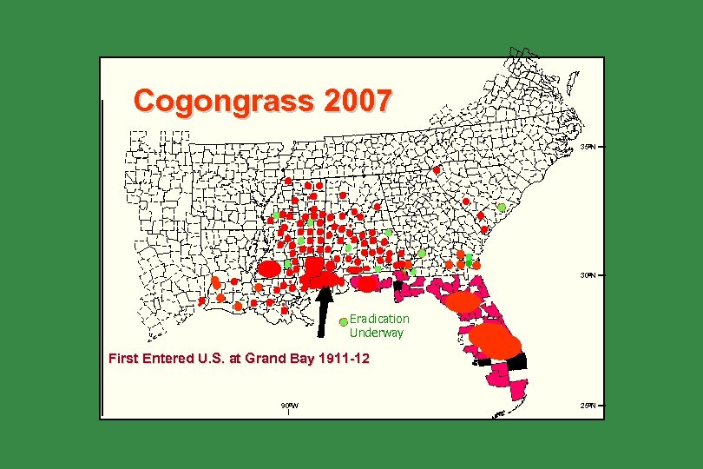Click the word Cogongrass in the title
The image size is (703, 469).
tap(224, 102)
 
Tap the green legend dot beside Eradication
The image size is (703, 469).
tap(344, 321)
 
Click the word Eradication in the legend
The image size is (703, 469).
tap(379, 319)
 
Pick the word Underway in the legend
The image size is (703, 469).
tap(376, 332)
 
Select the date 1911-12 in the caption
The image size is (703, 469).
tap(345, 358)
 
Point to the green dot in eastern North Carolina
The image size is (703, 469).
tap(502, 208)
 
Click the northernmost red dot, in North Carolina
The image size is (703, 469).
tap(437, 169)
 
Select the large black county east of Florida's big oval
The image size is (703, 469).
tap(517, 361)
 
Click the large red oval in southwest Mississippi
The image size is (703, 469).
tap(269, 269)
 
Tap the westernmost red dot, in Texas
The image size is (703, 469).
tap(201, 301)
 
